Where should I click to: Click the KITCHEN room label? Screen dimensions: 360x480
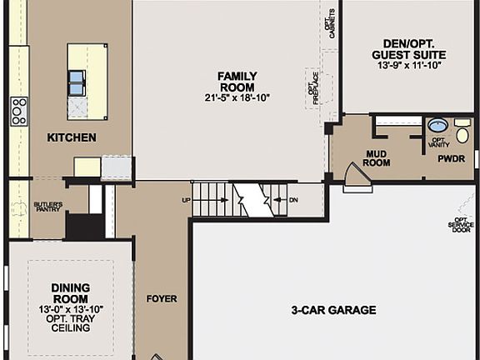(x=71, y=137)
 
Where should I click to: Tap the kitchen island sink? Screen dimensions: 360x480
(x=77, y=81)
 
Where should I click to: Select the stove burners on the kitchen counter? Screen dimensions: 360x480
(x=18, y=111)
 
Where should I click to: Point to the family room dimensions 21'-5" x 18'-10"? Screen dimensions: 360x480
(x=237, y=97)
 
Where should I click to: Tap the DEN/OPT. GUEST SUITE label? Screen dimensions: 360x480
(x=407, y=49)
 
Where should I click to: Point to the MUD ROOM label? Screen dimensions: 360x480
(x=377, y=158)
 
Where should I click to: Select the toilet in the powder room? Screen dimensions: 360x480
(x=462, y=132)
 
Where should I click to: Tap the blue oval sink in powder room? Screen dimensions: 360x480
(x=437, y=126)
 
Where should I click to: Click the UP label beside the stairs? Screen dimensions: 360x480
(x=186, y=201)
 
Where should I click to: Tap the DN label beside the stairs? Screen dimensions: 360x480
(x=292, y=200)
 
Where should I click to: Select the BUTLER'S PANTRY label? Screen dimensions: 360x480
(x=48, y=207)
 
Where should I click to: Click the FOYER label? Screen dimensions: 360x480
(x=162, y=298)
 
